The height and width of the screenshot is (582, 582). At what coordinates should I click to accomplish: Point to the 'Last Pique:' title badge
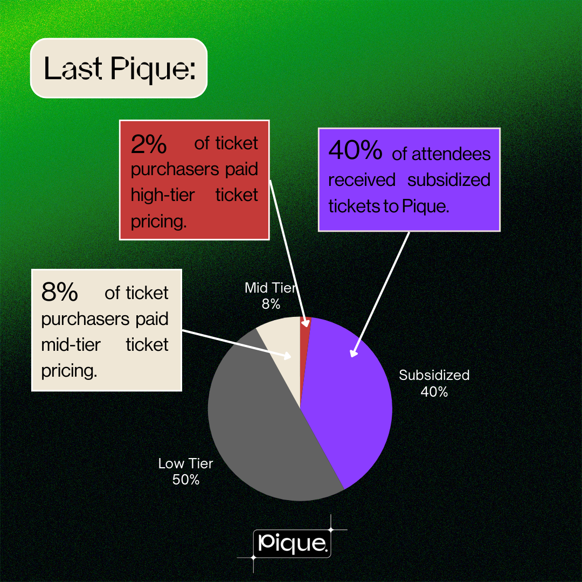[119, 68]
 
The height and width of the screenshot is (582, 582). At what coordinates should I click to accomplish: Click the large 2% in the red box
[149, 144]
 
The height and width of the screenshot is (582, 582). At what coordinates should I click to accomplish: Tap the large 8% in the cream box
[59, 293]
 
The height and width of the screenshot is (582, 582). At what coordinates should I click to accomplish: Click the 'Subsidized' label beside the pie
[434, 375]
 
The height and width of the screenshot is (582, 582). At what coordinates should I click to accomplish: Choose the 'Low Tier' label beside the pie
[186, 463]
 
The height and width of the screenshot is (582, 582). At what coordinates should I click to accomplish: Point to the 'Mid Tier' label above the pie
[271, 288]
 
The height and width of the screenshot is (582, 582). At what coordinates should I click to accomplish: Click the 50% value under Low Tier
[186, 479]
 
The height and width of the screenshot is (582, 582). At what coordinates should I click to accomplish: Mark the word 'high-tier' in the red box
[162, 195]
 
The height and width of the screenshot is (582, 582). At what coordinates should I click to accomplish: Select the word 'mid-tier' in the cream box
[71, 344]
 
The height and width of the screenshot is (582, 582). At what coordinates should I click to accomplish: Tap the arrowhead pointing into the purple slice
[353, 353]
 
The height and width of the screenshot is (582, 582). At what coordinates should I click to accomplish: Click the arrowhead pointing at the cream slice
[288, 355]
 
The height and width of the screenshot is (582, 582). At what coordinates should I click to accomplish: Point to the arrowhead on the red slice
[307, 323]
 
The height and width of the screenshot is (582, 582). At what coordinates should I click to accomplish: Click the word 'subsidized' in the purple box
[448, 179]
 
